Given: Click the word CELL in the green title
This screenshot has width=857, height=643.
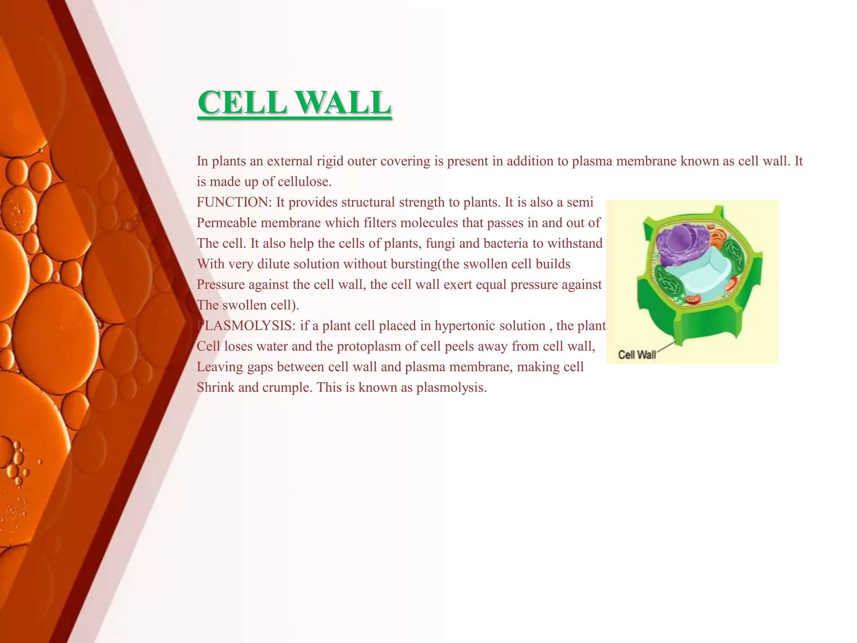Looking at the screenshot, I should pos(242,103).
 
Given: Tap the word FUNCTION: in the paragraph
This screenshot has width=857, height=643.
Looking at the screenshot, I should pos(234,202).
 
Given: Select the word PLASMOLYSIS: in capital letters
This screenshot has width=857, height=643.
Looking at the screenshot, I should pos(246,326).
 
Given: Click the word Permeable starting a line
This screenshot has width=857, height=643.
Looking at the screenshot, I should pos(226,223).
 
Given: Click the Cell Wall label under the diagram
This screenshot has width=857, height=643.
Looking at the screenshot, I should pos(636,355).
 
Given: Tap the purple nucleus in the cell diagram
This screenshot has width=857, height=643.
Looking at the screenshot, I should pos(678,243).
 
